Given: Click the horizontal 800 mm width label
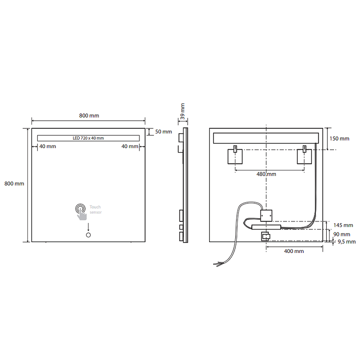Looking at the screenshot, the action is [x=89, y=116].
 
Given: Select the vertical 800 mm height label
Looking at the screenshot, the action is [x=14, y=184].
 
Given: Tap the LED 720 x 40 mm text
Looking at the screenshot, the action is [x=88, y=138].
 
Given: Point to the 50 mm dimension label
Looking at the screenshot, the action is [x=163, y=132].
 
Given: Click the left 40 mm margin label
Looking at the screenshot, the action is [x=48, y=147].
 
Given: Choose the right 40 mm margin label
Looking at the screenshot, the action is [x=130, y=147].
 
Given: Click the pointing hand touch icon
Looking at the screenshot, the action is [x=81, y=211].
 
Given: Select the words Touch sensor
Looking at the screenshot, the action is [x=95, y=210].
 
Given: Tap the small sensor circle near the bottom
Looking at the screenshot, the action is [x=88, y=235].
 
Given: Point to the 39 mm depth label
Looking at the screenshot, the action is [x=183, y=111].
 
